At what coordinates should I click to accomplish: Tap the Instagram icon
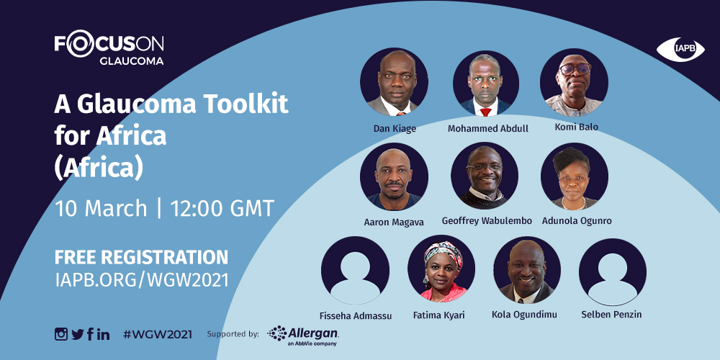61,334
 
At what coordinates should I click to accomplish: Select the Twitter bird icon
78,334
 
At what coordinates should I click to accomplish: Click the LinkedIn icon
103,334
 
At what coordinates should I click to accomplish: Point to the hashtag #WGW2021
158,334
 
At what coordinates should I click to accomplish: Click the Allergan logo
303,336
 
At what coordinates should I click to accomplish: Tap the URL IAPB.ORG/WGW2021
141,280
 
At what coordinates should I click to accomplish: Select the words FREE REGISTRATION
141,258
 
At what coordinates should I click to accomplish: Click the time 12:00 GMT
222,209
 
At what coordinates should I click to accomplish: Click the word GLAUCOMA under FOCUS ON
131,60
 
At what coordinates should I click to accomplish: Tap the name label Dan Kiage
395,129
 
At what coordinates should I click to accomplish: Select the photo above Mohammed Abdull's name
486,83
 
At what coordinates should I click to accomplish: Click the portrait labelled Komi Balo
574,82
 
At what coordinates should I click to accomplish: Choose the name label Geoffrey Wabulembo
487,221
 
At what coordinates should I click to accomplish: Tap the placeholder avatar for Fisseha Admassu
355,271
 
